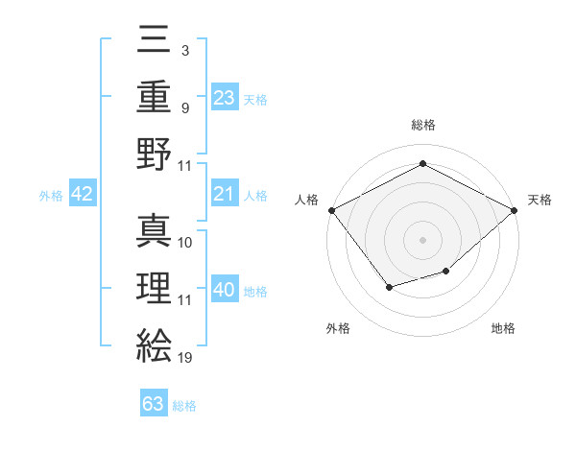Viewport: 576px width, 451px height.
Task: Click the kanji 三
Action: pyautogui.click(x=154, y=42)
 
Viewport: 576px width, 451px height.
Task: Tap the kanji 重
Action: pyautogui.click(x=154, y=97)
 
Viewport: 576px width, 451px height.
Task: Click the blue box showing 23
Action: pyautogui.click(x=225, y=97)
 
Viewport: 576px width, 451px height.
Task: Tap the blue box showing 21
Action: pyautogui.click(x=225, y=195)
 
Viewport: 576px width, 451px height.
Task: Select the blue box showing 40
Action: pyautogui.click(x=225, y=290)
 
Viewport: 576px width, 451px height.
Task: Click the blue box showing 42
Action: pyautogui.click(x=83, y=195)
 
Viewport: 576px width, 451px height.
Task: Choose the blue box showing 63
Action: pyautogui.click(x=154, y=403)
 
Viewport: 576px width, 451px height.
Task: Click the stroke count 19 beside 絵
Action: pyautogui.click(x=185, y=358)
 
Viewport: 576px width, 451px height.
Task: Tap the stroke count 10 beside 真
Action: pyautogui.click(x=185, y=244)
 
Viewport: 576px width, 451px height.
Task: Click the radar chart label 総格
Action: pyautogui.click(x=422, y=125)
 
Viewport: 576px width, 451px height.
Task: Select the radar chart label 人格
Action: pyautogui.click(x=307, y=200)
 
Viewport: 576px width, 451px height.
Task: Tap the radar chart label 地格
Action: pyautogui.click(x=503, y=328)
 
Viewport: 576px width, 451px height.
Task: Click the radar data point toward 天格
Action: pyautogui.click(x=515, y=210)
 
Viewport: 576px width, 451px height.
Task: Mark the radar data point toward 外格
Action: pyautogui.click(x=389, y=286)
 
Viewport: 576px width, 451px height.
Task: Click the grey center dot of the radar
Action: pyautogui.click(x=422, y=239)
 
